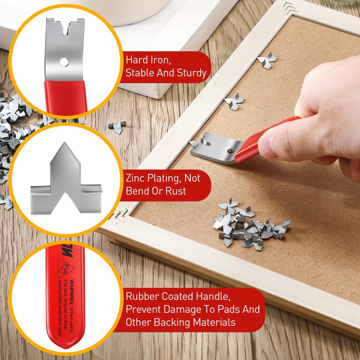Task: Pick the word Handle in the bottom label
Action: click(213, 297)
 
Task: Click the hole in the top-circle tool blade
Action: click(66, 60)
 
